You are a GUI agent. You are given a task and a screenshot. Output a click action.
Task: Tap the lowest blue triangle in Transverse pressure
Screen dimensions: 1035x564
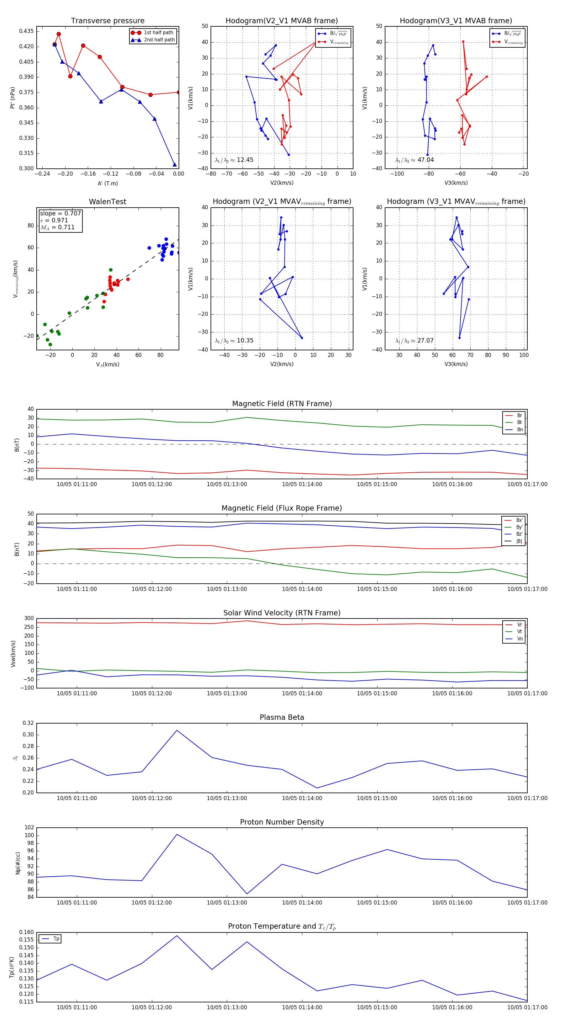coord(174,164)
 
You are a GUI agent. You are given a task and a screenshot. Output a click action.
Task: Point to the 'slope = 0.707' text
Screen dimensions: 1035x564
coord(60,213)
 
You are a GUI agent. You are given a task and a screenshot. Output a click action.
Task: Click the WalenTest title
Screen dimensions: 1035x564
coord(107,202)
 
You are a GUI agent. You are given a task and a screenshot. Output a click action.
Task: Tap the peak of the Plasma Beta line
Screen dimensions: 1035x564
coord(177,730)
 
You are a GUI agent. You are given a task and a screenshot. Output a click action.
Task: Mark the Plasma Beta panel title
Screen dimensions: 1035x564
coord(282,717)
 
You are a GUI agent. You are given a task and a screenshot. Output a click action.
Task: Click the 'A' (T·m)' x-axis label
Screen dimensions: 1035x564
coord(107,183)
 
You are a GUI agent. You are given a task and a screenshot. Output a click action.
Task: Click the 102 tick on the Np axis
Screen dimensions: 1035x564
coord(29,827)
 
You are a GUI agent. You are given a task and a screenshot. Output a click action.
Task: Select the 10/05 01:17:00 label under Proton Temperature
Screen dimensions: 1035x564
coord(527,1007)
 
